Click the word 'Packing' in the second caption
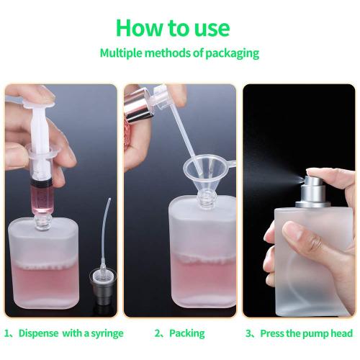point(189,333)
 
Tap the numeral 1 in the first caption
point(8,333)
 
